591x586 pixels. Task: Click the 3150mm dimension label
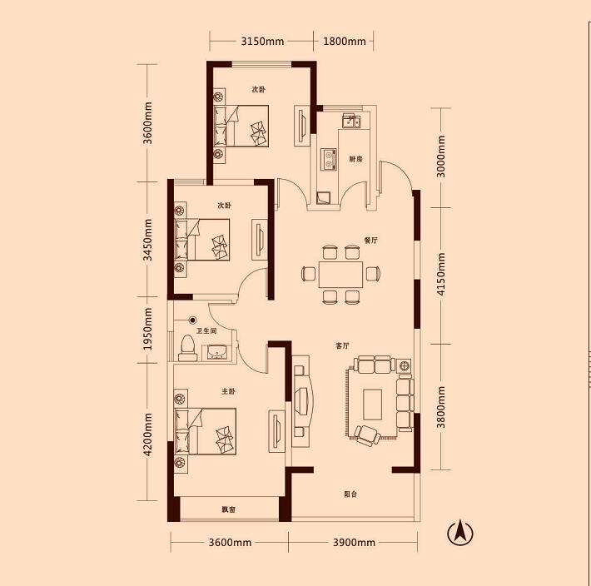pyautogui.click(x=262, y=41)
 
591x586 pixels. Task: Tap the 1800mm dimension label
pyautogui.click(x=345, y=41)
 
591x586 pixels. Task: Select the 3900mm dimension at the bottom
pyautogui.click(x=354, y=542)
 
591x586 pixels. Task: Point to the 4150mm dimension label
pyautogui.click(x=441, y=274)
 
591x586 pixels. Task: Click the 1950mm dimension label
pyautogui.click(x=148, y=329)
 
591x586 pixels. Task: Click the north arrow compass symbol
pyautogui.click(x=460, y=533)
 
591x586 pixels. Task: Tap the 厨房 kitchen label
pyautogui.click(x=355, y=159)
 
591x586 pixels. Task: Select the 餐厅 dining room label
pyautogui.click(x=371, y=240)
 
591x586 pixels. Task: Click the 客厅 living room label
pyautogui.click(x=342, y=345)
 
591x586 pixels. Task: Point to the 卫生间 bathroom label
pyautogui.click(x=206, y=330)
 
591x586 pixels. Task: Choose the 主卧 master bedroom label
pyautogui.click(x=228, y=391)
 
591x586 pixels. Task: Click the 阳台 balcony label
pyautogui.click(x=350, y=494)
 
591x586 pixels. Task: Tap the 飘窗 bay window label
pyautogui.click(x=228, y=509)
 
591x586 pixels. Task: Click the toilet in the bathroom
pyautogui.click(x=187, y=348)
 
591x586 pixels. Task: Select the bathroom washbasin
pyautogui.click(x=217, y=352)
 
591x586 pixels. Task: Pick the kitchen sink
pyautogui.click(x=351, y=122)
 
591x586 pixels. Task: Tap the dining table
pyautogui.click(x=340, y=275)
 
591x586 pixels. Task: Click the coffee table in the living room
pyautogui.click(x=372, y=405)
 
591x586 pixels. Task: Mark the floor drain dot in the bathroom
pyautogui.click(x=193, y=320)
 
